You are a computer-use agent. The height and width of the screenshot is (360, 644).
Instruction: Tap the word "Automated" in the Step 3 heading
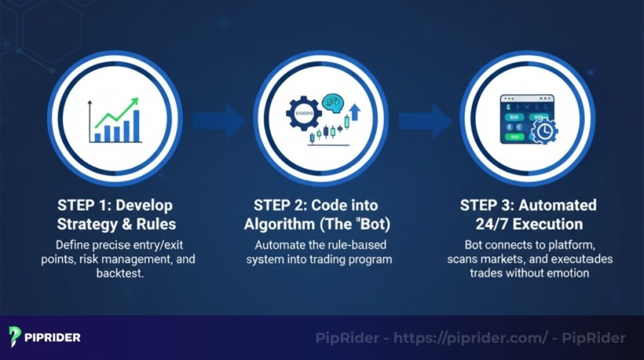563,206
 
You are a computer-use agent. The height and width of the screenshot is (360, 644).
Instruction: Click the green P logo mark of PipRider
15,337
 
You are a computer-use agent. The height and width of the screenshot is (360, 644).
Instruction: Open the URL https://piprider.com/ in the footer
470,338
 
